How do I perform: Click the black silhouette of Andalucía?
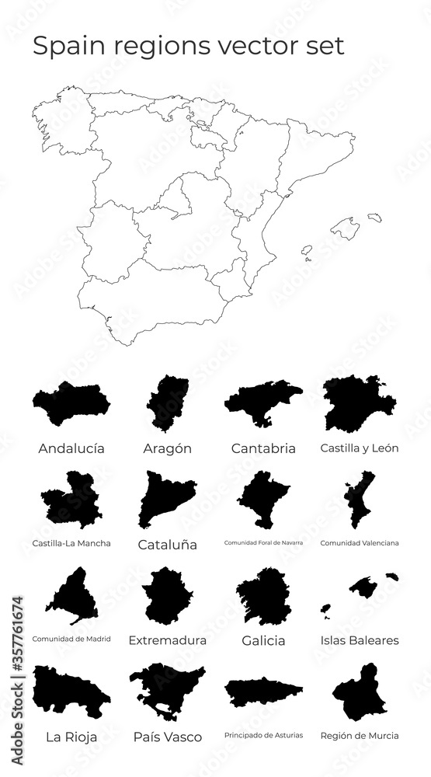(x=72, y=406)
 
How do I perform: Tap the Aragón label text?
(x=167, y=448)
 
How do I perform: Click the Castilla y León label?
(x=360, y=448)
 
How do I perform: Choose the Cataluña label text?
(x=167, y=545)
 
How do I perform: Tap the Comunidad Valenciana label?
(x=360, y=543)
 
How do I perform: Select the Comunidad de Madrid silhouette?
(x=72, y=597)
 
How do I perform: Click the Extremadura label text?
(x=167, y=641)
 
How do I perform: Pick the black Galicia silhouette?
(x=264, y=597)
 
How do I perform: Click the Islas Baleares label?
(x=360, y=641)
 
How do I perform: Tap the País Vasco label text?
(x=167, y=737)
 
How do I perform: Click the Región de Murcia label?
(x=360, y=735)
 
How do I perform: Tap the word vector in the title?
(x=263, y=46)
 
